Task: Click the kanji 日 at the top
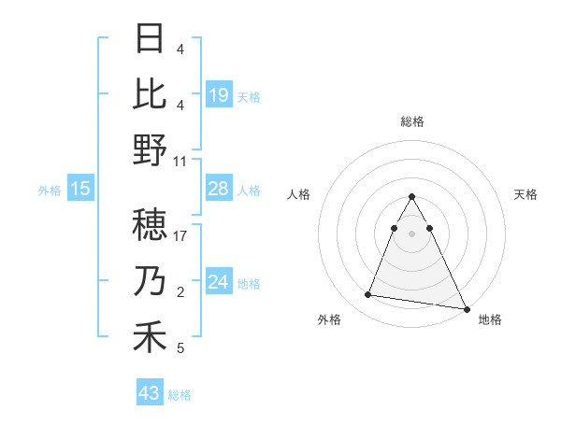point(150,39)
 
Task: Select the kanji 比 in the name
point(150,93)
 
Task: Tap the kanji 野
point(150,149)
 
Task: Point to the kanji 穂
point(150,225)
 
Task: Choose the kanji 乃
point(150,281)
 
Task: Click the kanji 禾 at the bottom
point(150,337)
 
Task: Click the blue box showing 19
point(219,94)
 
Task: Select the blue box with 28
point(219,189)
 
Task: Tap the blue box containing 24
point(219,282)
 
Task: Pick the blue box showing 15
point(80,189)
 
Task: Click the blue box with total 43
point(150,393)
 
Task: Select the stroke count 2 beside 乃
point(180,291)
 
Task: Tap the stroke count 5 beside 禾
point(180,348)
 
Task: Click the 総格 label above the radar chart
point(411,121)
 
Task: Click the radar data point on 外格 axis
point(367,295)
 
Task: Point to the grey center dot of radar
point(411,233)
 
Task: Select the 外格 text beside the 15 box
point(50,190)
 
